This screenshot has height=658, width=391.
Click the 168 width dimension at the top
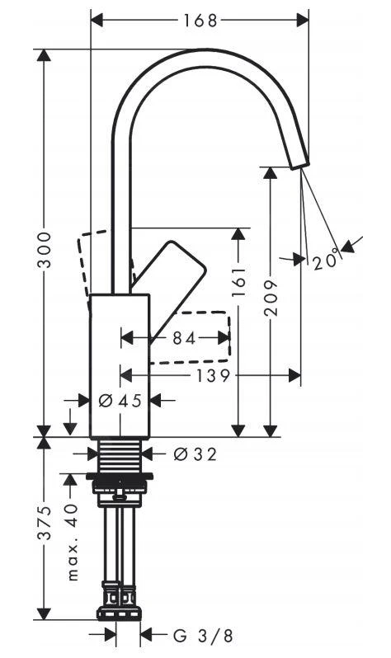click(x=200, y=20)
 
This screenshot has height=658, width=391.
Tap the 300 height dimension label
click(x=44, y=249)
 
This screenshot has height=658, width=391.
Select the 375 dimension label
click(x=44, y=522)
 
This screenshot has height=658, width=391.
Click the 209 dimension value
click(x=271, y=298)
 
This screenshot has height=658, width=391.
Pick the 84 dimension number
click(x=185, y=338)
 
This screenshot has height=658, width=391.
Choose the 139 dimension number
click(x=214, y=376)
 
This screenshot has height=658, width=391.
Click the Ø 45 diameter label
click(x=120, y=401)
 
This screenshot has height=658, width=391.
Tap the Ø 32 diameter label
click(x=195, y=454)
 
